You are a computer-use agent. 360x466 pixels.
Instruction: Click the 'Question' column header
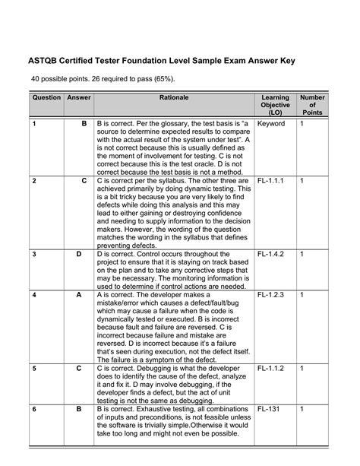(x=46, y=99)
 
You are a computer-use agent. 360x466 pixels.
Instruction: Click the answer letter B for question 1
(x=84, y=123)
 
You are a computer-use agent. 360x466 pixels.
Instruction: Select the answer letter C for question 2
(x=84, y=181)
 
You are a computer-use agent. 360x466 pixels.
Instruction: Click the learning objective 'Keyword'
(x=271, y=123)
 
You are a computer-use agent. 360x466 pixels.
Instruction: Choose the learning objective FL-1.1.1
(x=271, y=181)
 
